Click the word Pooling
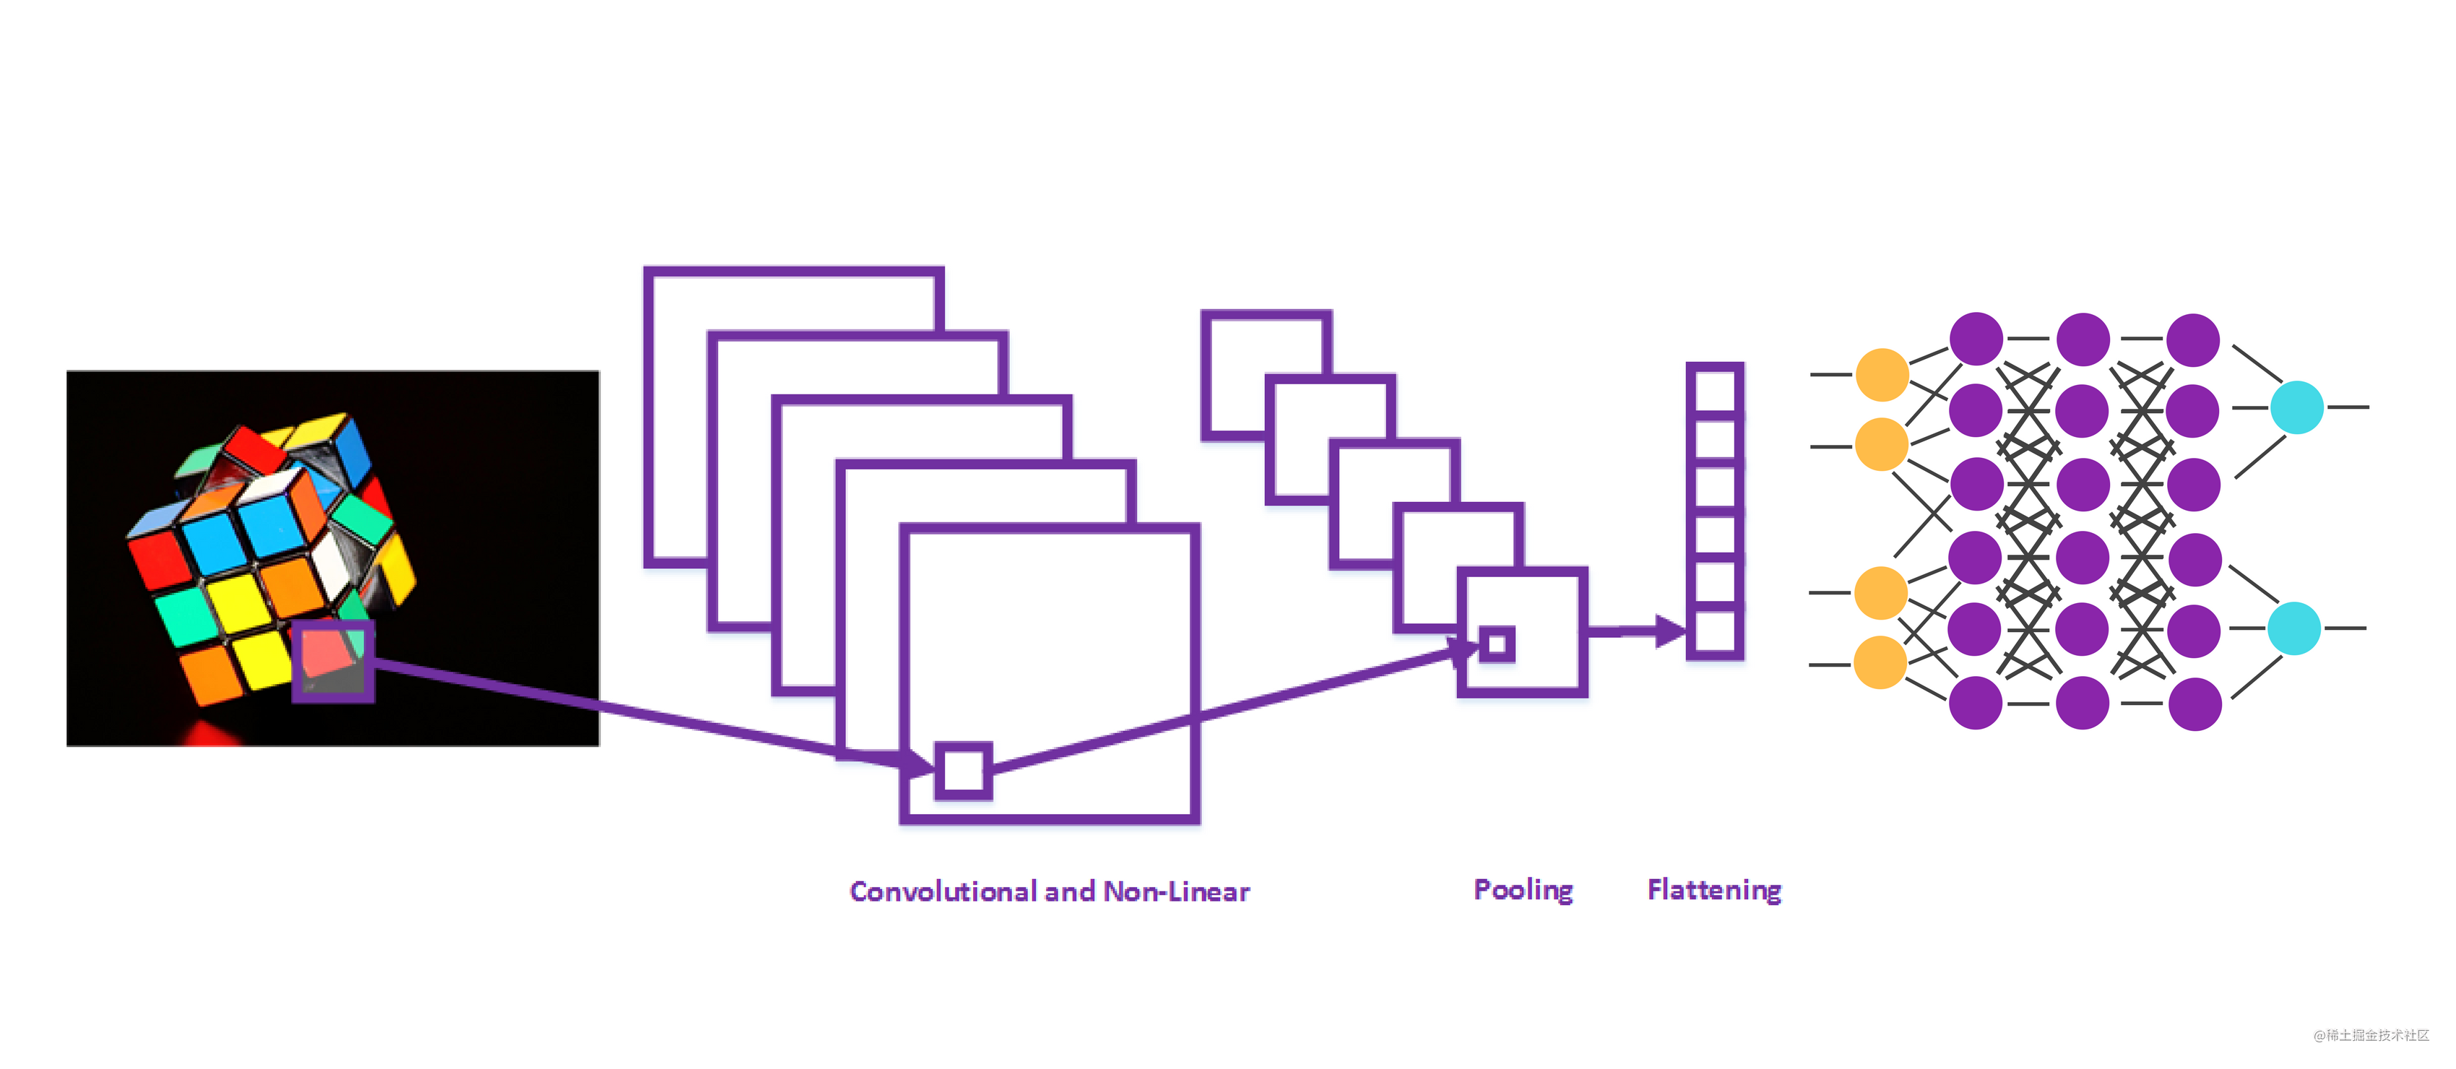(x=1523, y=890)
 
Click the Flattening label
(x=1713, y=890)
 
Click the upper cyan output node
(x=2297, y=407)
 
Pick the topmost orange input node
(x=1882, y=375)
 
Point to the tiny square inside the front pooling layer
(x=1497, y=644)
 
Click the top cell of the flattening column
(x=1714, y=390)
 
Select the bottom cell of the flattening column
(x=1714, y=631)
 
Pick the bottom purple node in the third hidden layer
(x=2195, y=704)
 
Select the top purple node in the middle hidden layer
(x=2083, y=339)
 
